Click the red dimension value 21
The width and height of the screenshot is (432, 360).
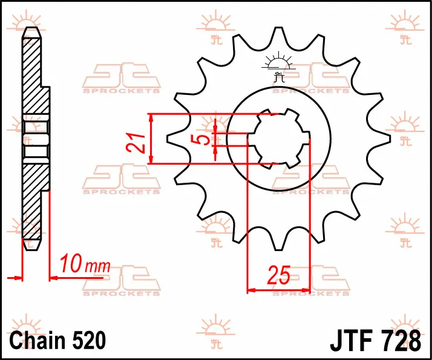point(136,143)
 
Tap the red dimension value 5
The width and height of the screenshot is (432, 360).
point(203,140)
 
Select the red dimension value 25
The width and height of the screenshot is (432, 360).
point(278,275)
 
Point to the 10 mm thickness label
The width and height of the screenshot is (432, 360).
point(85,264)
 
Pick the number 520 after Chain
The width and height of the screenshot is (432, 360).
point(90,341)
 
